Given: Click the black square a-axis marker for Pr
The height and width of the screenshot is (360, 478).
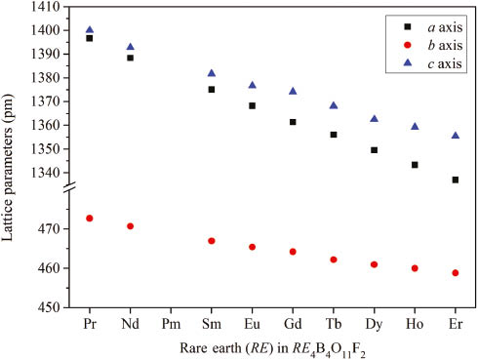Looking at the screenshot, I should pos(90,38).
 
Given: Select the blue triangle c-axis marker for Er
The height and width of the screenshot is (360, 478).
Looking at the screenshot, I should pos(456,136).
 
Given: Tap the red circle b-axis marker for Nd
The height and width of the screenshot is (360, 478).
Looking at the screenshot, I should pos(130,226).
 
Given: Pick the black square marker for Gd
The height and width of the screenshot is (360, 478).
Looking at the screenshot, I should pos(293,122).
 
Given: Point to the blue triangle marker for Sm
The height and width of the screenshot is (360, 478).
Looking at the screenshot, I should pos(212,73).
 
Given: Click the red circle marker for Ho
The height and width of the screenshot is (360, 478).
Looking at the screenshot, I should pos(415,268).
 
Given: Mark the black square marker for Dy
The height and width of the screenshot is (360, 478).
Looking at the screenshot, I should pos(374,150).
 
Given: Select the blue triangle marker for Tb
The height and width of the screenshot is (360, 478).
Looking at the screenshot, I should pos(334,105).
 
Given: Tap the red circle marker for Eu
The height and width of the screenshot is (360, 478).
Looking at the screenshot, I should pos(252,247).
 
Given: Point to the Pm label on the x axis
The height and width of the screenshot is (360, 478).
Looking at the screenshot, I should pos(171,323).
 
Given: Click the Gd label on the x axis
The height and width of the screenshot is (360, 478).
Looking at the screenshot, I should pos(293,323).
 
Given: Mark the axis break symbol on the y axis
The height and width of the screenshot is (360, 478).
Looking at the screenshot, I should pos(68,200).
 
